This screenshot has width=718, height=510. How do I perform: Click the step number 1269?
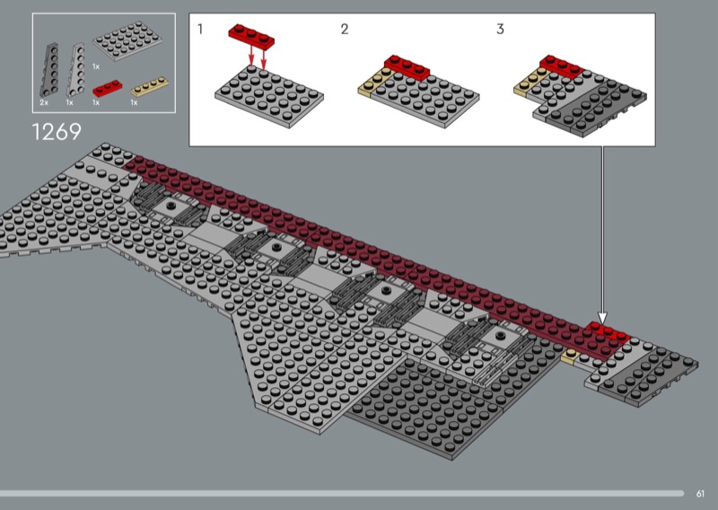[x=57, y=132]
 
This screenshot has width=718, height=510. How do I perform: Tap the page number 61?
[x=700, y=494]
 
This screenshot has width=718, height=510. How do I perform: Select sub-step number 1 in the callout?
[x=200, y=29]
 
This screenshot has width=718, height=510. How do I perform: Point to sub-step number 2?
[x=345, y=30]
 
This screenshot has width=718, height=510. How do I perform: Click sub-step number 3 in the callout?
[x=500, y=30]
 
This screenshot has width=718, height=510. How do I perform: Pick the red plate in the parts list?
[x=108, y=88]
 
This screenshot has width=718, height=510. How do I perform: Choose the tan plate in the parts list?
[x=150, y=86]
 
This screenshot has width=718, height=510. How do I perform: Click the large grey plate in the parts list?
[x=127, y=40]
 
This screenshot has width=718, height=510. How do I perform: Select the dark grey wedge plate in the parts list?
[x=49, y=70]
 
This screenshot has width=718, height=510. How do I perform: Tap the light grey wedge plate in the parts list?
[x=76, y=70]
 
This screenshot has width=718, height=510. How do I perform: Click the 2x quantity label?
[x=44, y=102]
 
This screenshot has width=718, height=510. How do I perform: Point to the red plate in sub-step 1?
[x=251, y=36]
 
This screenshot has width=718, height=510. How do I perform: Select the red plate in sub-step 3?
[x=562, y=66]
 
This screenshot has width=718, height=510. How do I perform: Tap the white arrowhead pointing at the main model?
[x=602, y=318]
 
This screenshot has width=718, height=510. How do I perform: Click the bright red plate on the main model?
[x=609, y=332]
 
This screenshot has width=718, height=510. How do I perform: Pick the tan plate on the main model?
[x=571, y=356]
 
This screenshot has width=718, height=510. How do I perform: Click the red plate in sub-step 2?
[x=407, y=67]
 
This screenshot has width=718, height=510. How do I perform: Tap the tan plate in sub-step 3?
[x=531, y=82]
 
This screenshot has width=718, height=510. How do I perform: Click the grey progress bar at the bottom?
[x=342, y=494]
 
